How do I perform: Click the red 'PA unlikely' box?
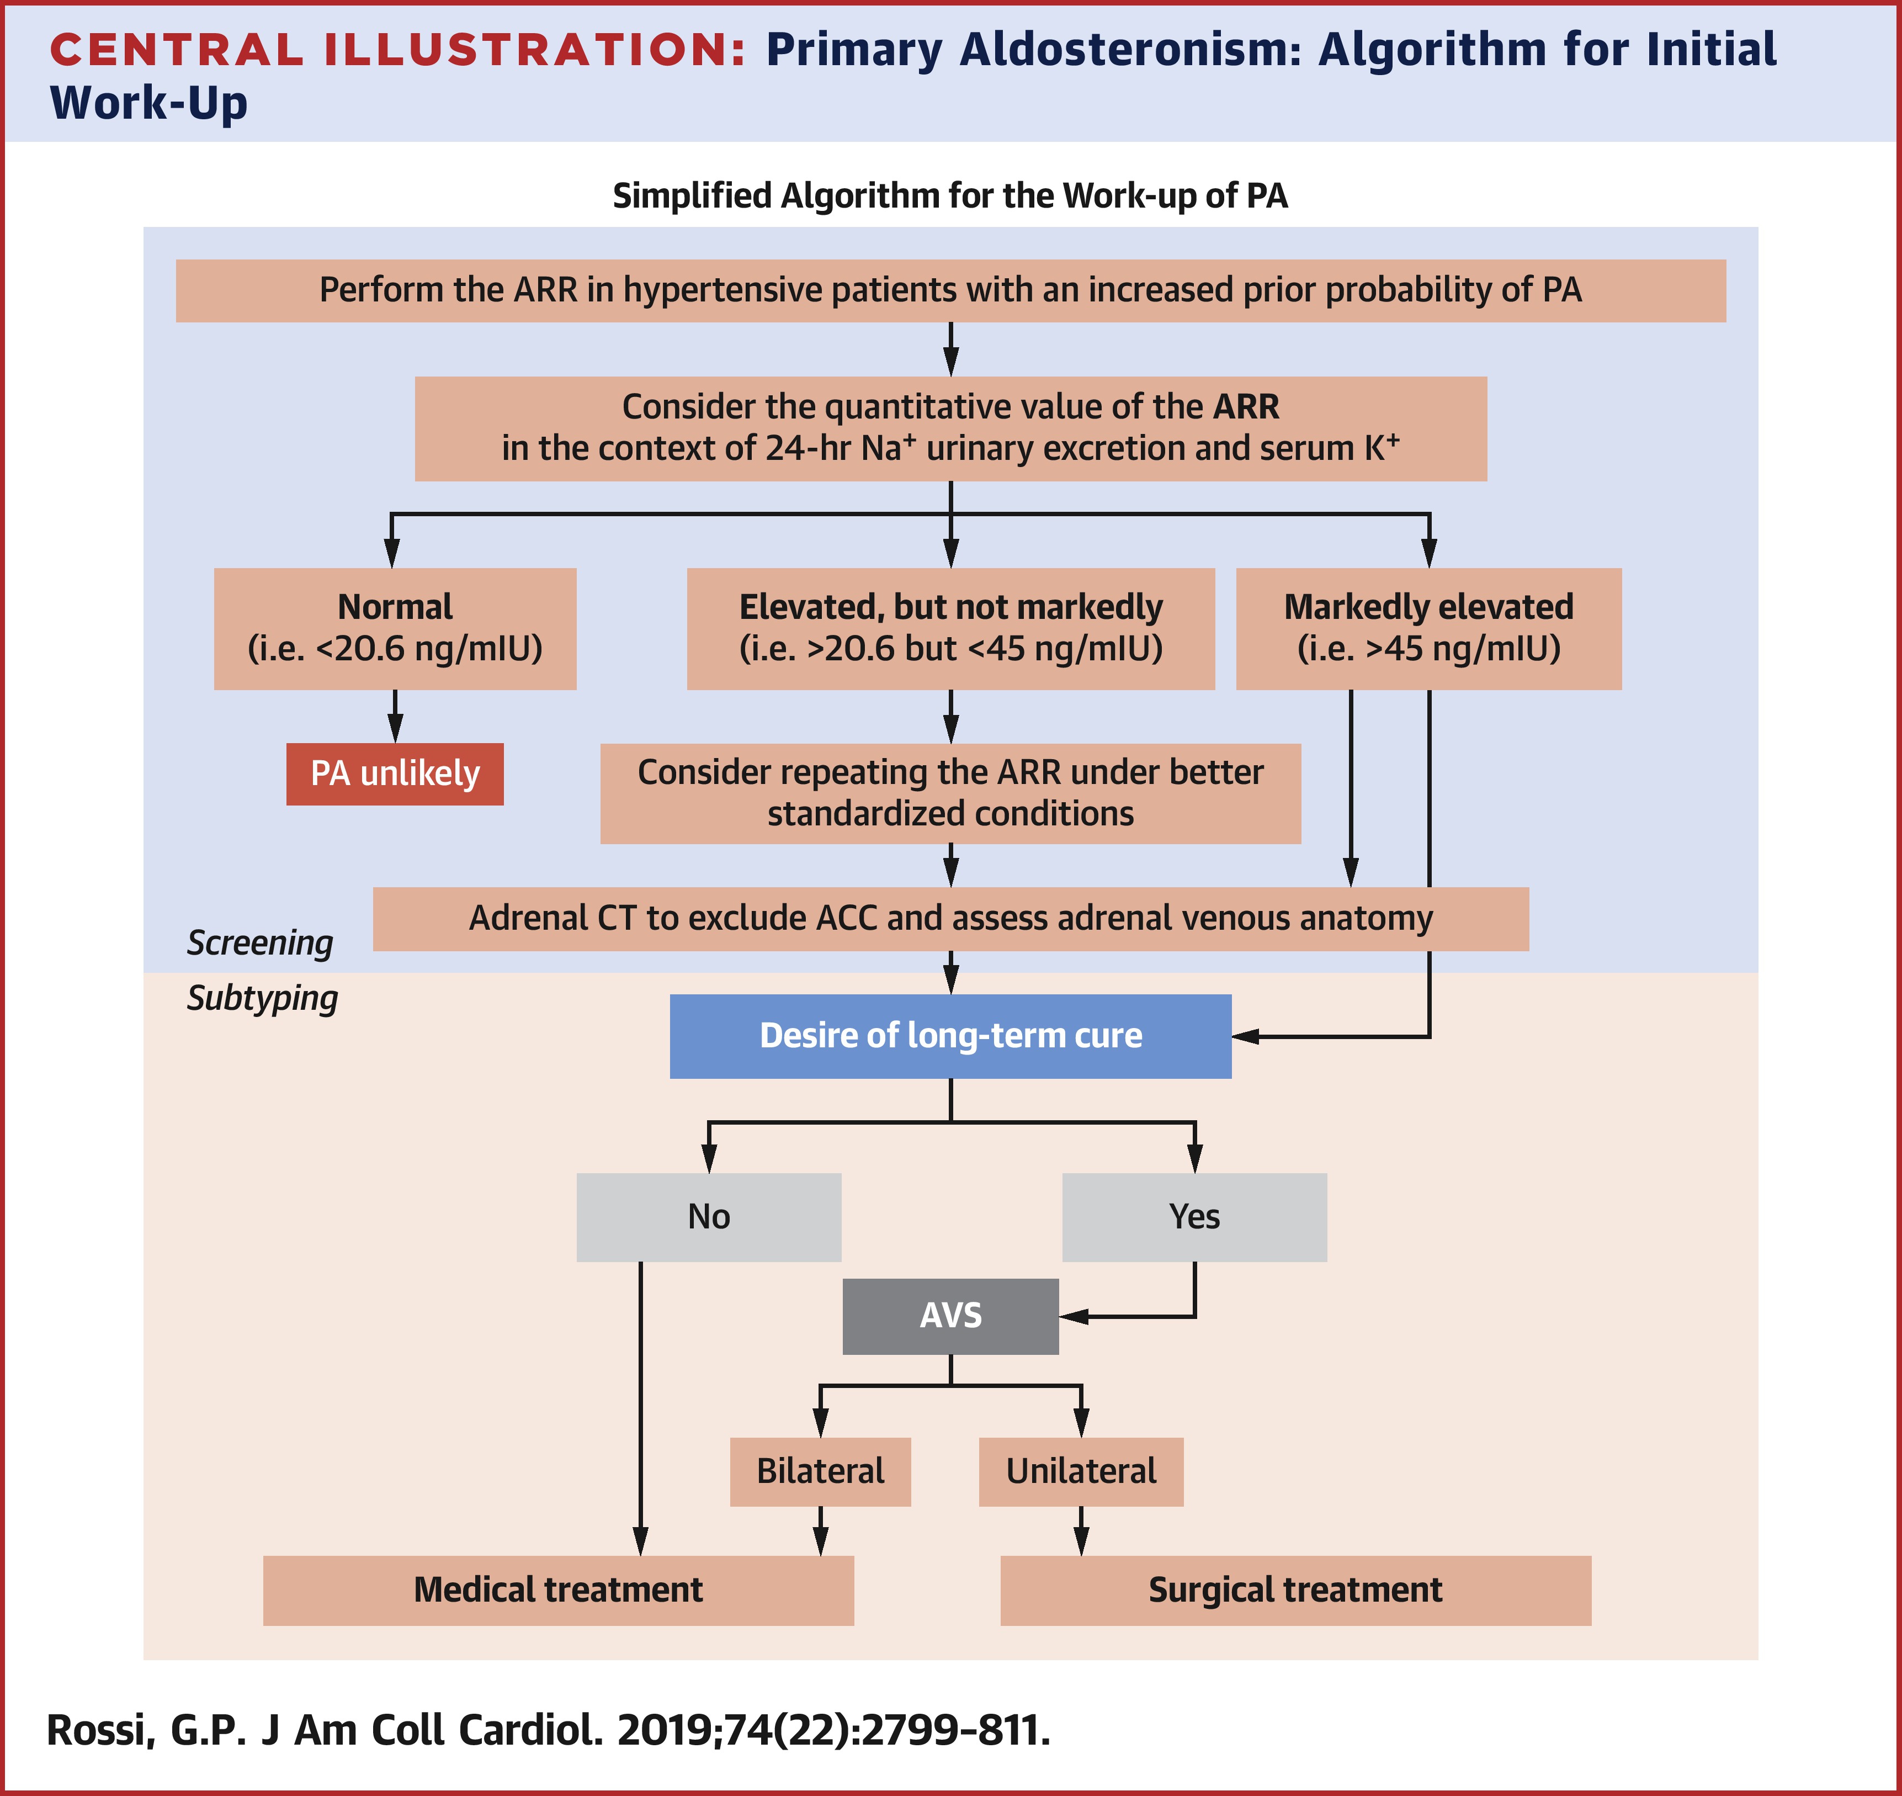[x=395, y=774]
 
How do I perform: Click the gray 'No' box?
[x=708, y=1217]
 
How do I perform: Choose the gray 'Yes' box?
[x=1194, y=1217]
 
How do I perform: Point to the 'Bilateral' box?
[x=820, y=1471]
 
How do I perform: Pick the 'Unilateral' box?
[x=1081, y=1471]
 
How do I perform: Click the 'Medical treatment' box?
[x=558, y=1590]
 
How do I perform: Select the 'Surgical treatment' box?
[x=1295, y=1590]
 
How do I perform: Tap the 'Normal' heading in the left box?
[x=395, y=607]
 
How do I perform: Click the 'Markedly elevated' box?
[x=1428, y=628]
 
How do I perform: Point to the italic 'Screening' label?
[x=259, y=943]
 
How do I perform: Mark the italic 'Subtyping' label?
[x=262, y=999]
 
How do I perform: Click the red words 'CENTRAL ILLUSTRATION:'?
[x=397, y=50]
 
